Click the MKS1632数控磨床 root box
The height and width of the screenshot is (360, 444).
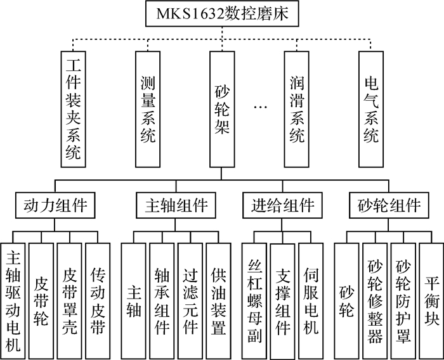[222, 13]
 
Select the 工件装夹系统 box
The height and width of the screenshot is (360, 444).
[74, 109]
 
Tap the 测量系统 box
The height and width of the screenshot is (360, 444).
[148, 109]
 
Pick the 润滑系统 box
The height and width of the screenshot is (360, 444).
[296, 109]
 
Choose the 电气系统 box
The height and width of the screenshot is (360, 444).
[371, 109]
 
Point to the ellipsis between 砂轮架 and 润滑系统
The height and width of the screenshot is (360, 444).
[261, 107]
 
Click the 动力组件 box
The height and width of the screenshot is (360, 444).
[55, 205]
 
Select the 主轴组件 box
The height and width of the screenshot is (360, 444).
[176, 205]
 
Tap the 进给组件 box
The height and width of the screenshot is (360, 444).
[282, 205]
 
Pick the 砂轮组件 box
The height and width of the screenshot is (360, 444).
[389, 205]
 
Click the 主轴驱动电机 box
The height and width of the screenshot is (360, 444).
[13, 301]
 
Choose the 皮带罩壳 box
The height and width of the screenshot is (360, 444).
[70, 301]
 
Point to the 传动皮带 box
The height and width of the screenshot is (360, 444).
[98, 301]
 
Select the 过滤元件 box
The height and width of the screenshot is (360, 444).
[190, 301]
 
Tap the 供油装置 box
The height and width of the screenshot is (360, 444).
[218, 301]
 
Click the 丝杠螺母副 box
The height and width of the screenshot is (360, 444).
[254, 301]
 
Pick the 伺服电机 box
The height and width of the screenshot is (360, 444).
[311, 301]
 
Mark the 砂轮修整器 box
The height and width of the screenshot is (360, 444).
[375, 301]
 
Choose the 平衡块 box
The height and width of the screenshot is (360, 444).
[431, 301]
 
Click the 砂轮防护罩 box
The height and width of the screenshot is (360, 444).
[403, 301]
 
